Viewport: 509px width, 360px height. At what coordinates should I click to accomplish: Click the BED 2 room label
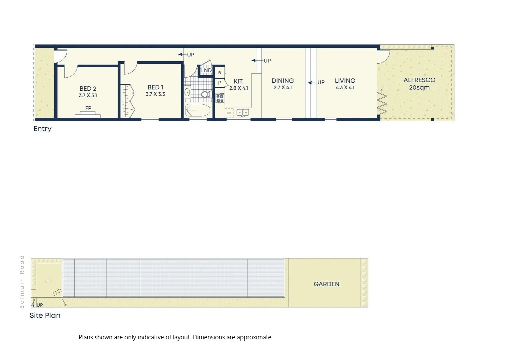coord(88,89)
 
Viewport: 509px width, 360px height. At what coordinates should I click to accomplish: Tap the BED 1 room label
coord(155,87)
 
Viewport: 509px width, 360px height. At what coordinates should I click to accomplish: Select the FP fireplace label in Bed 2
coord(88,108)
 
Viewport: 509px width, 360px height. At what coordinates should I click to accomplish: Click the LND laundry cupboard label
coord(206,70)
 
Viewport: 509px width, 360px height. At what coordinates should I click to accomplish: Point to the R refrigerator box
coord(220,72)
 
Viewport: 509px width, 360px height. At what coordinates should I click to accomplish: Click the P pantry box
coord(220,83)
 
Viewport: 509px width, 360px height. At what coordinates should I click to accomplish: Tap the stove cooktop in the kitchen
coord(220,98)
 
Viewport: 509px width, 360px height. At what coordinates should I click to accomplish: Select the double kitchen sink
coord(243,112)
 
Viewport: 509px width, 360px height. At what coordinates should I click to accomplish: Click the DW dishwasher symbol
coord(229,113)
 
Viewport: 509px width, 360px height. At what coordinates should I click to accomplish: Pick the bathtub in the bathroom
coord(198,110)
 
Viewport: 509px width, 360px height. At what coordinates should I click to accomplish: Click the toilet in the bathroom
coord(206,94)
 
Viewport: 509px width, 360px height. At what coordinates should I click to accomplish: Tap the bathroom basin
coord(188,92)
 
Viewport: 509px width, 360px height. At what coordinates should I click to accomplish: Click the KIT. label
coord(239,81)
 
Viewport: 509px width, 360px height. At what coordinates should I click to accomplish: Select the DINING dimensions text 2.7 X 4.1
coord(282,88)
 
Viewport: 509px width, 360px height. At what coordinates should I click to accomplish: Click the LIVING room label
coord(345,81)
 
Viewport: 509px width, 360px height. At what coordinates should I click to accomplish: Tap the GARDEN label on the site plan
coord(326,284)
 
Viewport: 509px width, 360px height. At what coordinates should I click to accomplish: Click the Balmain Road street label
coord(22,282)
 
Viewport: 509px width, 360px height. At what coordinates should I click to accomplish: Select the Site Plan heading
coord(45,315)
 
